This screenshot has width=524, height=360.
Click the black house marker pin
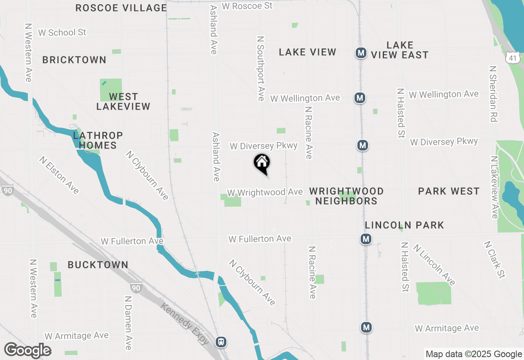pos(262,164)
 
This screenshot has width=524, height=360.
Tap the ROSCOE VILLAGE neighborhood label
pos(121,8)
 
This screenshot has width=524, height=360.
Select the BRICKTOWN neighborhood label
pos(74,60)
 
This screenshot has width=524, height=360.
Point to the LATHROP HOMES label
pos(98,140)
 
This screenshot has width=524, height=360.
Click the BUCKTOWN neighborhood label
pos(98,265)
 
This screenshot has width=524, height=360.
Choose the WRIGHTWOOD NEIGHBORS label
pos(346,196)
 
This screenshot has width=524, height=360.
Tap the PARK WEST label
pos(449,191)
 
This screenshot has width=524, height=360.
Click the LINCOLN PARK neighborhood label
pos(404,225)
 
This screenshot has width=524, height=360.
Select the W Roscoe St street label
pos(247,6)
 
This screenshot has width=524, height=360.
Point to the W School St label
pos(62,32)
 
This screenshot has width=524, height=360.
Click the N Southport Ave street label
pos(261,68)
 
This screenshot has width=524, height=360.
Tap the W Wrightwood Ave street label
pos(265,192)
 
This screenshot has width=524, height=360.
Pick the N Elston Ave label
pos(59,175)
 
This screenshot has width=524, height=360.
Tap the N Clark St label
pos(494,259)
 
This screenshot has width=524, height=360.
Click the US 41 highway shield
pos(513,58)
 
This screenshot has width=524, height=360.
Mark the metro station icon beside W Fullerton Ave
pos(366,239)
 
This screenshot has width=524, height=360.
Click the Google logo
pos(28,351)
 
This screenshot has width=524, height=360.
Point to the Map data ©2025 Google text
pos(474,354)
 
